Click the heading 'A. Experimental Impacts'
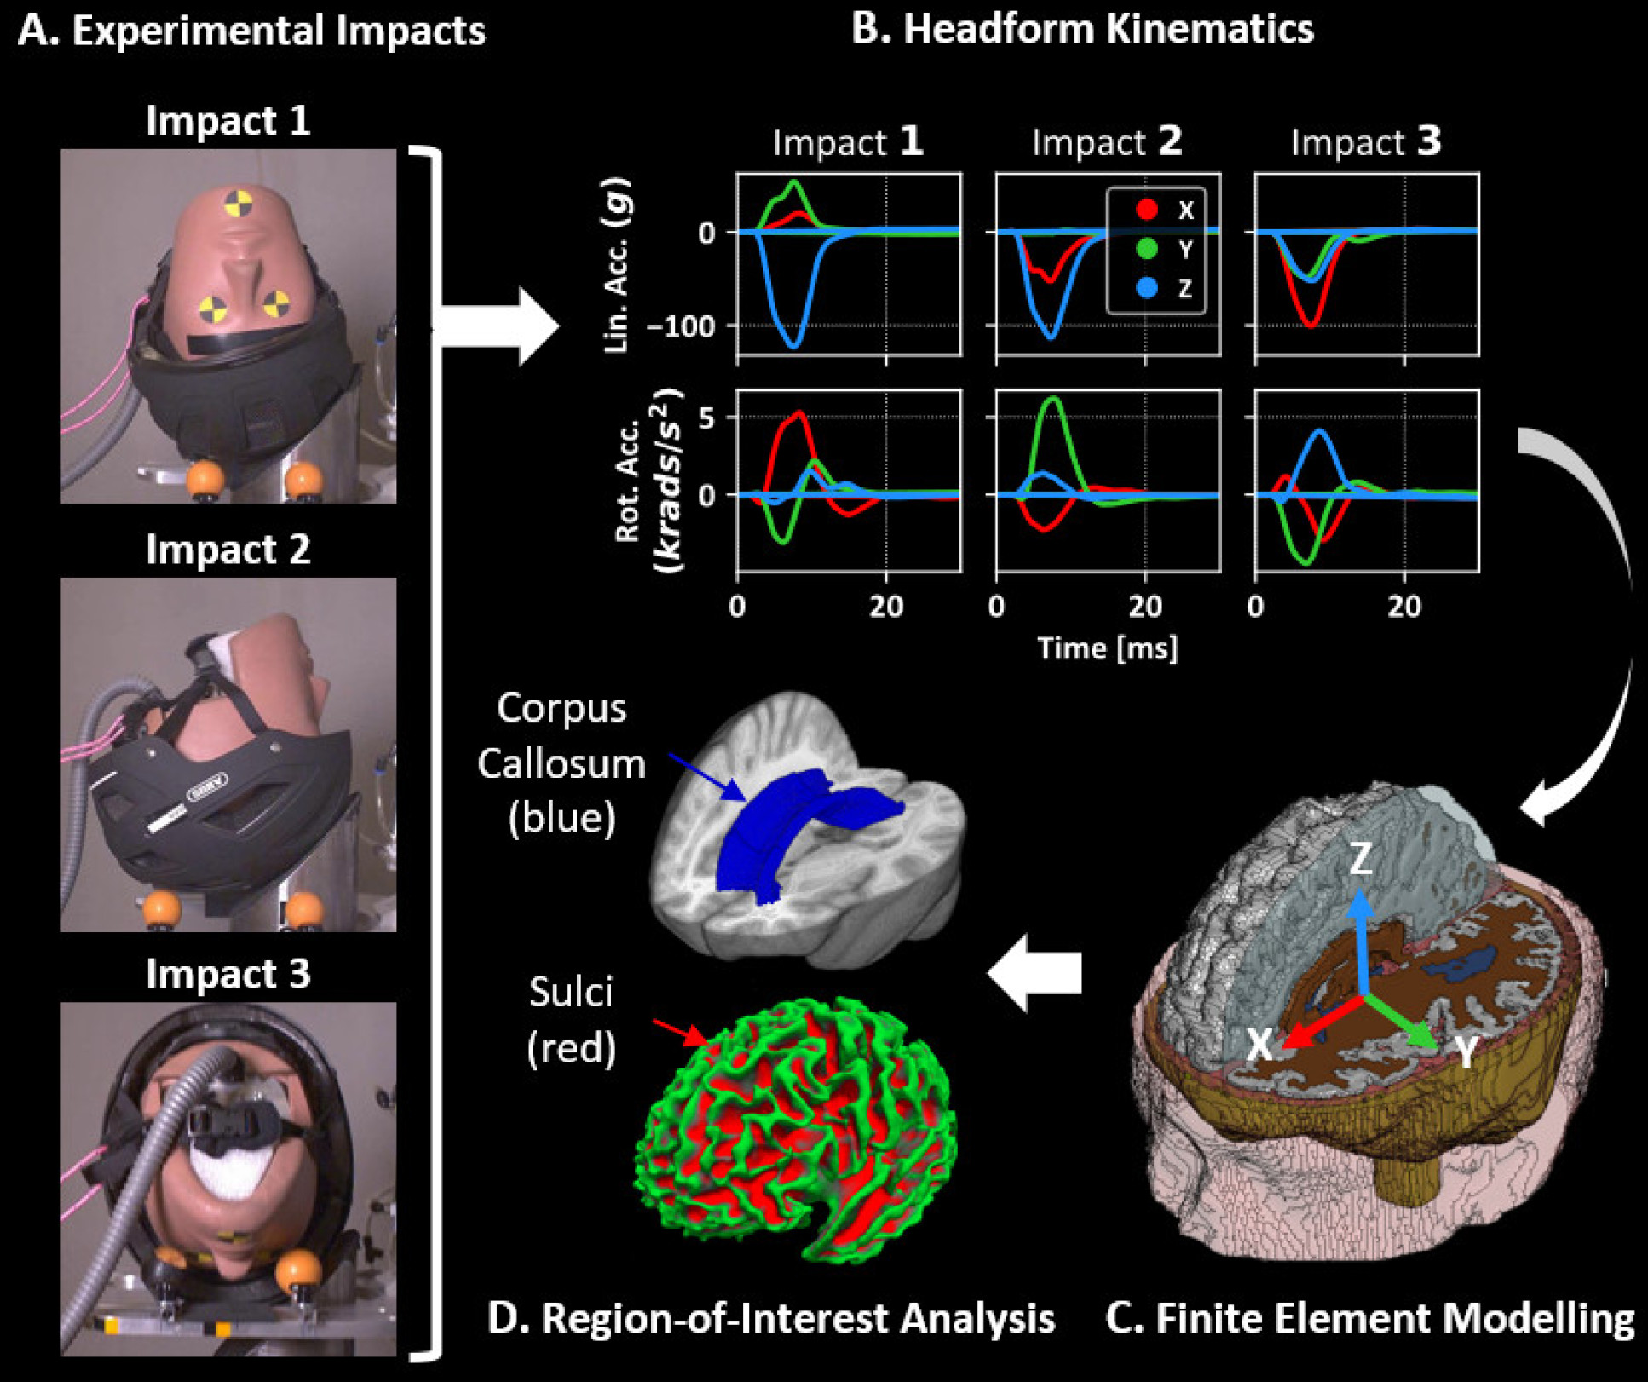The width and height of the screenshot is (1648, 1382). [x=251, y=31]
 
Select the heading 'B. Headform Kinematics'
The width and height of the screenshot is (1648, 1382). [x=1082, y=29]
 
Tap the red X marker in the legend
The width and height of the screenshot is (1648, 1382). [x=1147, y=210]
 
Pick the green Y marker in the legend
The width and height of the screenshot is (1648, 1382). [x=1147, y=249]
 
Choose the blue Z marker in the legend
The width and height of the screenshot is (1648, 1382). [x=1147, y=288]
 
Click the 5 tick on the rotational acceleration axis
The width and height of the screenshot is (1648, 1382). [x=706, y=417]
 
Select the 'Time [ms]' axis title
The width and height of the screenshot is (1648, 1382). [x=1107, y=648]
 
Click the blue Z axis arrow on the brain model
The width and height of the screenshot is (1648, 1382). [x=1362, y=937]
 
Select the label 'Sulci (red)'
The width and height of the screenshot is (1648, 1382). [x=571, y=1020]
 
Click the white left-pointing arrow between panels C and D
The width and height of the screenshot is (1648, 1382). [x=1034, y=973]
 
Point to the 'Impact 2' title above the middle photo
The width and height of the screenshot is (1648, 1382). [x=228, y=550]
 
